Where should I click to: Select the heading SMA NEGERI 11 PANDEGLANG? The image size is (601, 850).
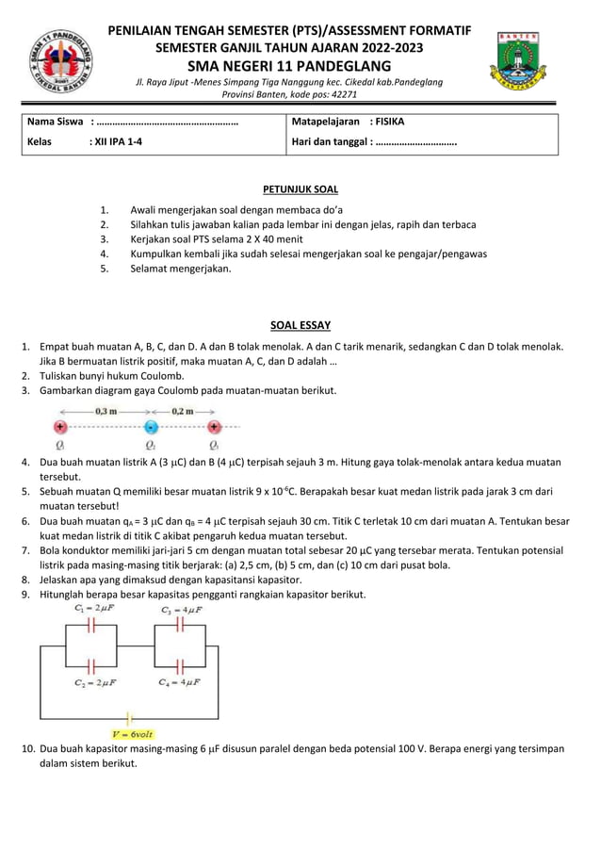pos(289,66)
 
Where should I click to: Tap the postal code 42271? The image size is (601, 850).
pos(341,95)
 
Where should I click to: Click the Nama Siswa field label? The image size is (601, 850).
pos(55,123)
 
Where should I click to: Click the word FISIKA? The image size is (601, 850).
pos(388,123)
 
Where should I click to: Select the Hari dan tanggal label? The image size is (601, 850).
pos(332,142)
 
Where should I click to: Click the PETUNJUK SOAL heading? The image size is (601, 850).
pos(300,189)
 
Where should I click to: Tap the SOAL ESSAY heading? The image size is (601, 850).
pos(300,326)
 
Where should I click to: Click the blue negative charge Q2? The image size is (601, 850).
pos(151,427)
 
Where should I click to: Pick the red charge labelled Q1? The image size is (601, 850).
pos(60,427)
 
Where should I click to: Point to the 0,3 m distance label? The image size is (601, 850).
pos(106,411)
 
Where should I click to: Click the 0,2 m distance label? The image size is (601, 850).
pos(183,411)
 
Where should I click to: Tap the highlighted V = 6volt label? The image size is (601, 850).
pos(133,733)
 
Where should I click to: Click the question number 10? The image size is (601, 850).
pos(28,749)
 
